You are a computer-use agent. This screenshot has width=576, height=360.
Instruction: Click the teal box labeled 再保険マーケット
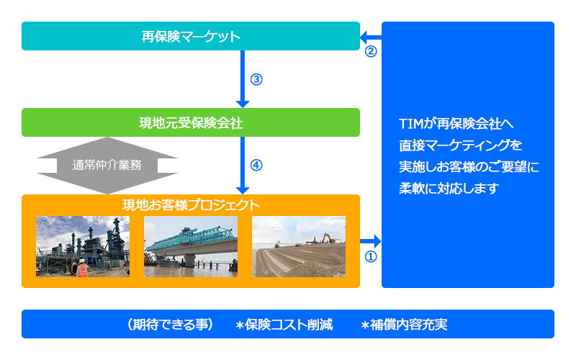[191, 36]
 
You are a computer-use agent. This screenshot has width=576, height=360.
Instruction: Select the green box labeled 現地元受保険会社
[191, 122]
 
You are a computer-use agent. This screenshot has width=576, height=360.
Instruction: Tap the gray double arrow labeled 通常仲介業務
[107, 166]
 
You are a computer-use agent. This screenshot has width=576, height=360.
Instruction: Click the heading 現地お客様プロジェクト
[191, 205]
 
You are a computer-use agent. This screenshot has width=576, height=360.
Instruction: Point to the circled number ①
[371, 256]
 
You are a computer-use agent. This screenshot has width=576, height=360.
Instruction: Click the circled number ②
[371, 51]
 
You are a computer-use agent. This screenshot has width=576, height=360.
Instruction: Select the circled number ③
[256, 79]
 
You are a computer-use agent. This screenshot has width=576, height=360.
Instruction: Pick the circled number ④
[256, 166]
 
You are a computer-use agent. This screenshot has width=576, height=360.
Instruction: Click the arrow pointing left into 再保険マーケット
[371, 37]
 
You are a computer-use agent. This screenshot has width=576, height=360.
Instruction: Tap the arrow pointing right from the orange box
[371, 241]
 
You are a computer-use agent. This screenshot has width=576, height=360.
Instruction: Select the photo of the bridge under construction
[191, 246]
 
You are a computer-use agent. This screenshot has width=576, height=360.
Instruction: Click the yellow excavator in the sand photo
[330, 238]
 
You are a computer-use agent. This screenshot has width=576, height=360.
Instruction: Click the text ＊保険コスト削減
[284, 325]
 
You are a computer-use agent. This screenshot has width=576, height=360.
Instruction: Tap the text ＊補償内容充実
[404, 325]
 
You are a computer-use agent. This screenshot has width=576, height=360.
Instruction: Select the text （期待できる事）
[170, 325]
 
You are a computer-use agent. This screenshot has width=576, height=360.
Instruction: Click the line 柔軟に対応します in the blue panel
[449, 189]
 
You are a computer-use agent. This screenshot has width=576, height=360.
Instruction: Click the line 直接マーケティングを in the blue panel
[461, 145]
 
